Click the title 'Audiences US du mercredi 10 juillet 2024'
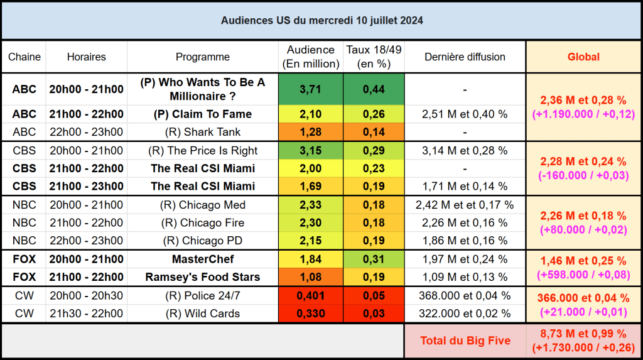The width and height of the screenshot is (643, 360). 321,21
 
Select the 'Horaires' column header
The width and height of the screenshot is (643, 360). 86,57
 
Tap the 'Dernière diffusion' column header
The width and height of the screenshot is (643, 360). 465,57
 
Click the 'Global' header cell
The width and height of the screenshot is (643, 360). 583,57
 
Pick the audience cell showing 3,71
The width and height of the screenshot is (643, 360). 310,89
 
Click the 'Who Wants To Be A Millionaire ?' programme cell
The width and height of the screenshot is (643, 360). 203,89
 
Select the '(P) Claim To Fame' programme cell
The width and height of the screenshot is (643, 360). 203,114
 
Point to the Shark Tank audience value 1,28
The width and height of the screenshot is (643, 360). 310,132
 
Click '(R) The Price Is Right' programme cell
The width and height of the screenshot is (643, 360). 203,151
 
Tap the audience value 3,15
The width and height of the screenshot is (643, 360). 310,151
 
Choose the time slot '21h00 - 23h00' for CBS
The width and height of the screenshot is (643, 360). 86,186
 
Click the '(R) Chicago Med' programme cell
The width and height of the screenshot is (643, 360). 203,205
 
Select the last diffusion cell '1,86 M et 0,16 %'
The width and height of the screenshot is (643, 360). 465,241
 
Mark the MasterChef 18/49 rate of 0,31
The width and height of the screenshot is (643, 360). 374,259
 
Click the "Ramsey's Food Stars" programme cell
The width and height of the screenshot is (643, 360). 203,277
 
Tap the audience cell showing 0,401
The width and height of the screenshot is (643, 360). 310,295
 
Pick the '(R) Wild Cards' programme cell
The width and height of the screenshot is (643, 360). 203,314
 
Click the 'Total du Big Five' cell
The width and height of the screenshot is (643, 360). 464,341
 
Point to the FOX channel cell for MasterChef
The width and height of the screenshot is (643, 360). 24,259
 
